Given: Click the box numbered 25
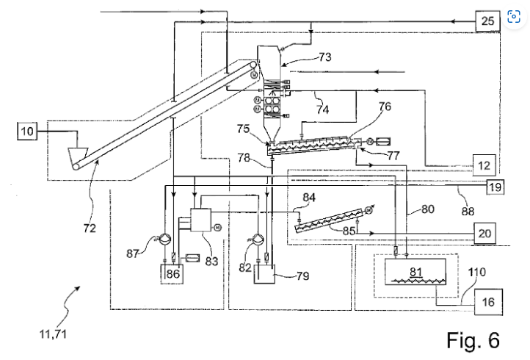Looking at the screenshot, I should pos(487,21).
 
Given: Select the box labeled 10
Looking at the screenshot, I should pos(27,132).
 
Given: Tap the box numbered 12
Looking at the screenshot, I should pos(482,166).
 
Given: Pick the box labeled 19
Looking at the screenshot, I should pos(495,187).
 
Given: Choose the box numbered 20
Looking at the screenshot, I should pos(484,233).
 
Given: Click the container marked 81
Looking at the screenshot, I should pos(415,273).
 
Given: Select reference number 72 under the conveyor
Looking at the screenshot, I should pos(89,228).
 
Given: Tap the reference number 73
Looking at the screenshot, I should pos(324,56).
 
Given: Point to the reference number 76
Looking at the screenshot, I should pos(385,107).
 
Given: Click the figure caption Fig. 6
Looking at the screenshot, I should pos(473,340).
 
